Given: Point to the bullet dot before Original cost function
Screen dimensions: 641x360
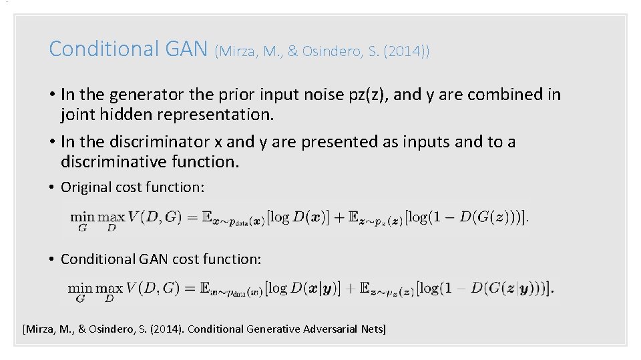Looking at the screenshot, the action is tap(52, 187).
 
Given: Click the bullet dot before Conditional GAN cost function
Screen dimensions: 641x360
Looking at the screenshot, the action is tap(52, 259).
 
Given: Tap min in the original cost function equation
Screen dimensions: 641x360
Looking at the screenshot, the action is tap(83, 217).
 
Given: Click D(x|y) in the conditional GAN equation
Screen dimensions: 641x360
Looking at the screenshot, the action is tap(314, 289).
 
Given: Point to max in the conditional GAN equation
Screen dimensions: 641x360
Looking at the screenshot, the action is tap(110, 289).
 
